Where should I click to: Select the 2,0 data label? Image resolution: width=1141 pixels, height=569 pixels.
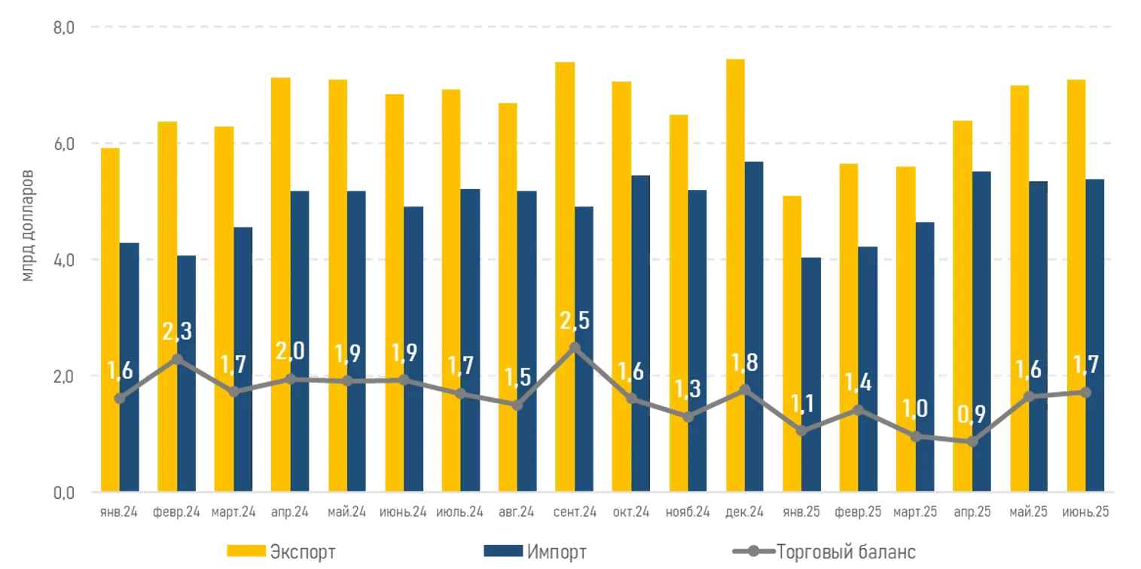point(290,351)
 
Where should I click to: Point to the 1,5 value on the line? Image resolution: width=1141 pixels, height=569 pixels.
point(517,376)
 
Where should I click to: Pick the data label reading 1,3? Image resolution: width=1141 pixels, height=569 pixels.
point(687,389)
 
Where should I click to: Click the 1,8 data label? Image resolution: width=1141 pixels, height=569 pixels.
point(745,363)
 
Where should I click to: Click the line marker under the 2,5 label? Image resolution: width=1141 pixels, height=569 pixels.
point(575,347)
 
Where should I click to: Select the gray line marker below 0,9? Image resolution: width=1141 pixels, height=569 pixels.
point(972,442)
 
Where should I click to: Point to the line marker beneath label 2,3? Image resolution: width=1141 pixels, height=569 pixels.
point(176,359)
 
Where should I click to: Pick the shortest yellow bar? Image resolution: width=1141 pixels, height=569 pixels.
point(791,341)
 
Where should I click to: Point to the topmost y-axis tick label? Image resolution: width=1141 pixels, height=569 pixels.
point(63,28)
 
